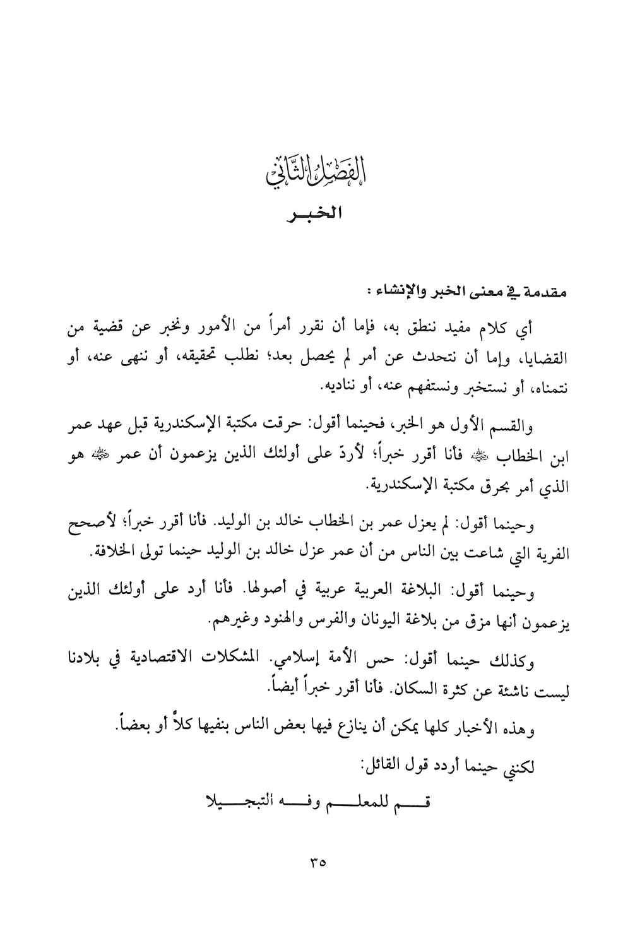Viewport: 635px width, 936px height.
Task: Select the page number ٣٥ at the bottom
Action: coord(317,862)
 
